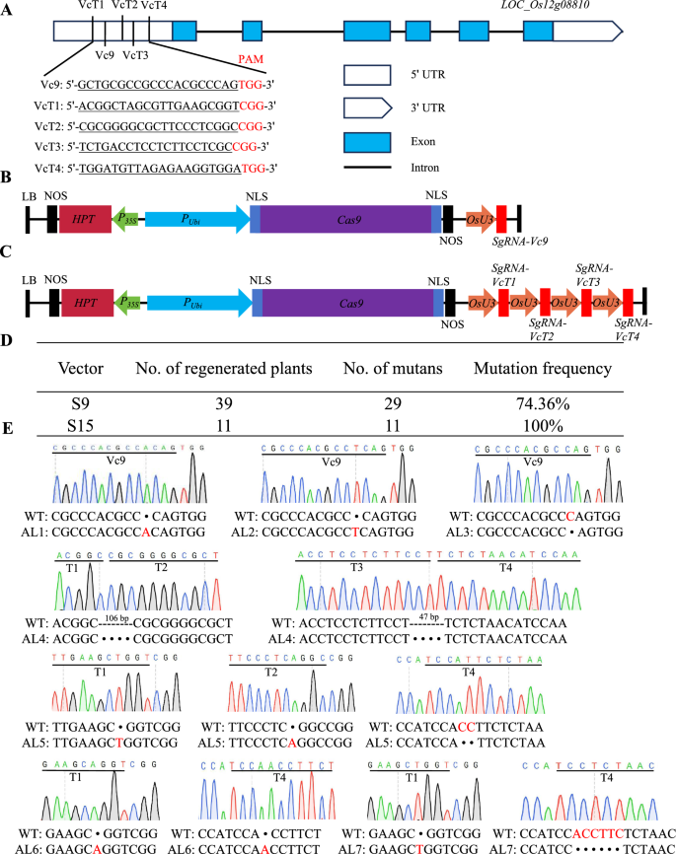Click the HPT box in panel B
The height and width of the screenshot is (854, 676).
point(86,219)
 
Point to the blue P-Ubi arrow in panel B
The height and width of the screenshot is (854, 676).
point(197,219)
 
